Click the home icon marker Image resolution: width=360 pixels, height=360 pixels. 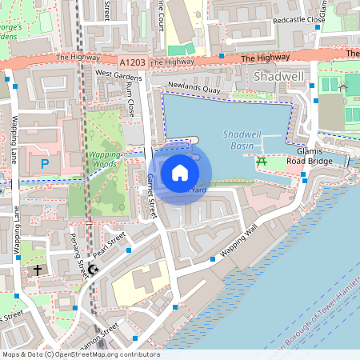180,172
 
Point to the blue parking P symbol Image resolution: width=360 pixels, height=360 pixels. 45,164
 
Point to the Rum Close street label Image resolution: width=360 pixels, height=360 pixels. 131,101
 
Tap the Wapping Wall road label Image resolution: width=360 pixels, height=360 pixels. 240,241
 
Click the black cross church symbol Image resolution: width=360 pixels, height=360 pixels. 37,270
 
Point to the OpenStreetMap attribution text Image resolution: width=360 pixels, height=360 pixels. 80,354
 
